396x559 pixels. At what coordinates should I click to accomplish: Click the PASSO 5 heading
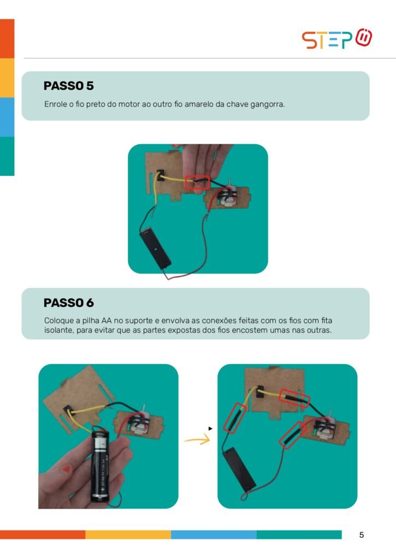pyautogui.click(x=68, y=86)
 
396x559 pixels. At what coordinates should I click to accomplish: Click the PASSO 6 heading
pyautogui.click(x=68, y=302)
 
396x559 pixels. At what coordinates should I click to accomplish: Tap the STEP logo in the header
pyautogui.click(x=337, y=39)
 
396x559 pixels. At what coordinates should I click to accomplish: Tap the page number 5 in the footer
pyautogui.click(x=362, y=535)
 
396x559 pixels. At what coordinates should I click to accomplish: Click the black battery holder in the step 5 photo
pyautogui.click(x=155, y=248)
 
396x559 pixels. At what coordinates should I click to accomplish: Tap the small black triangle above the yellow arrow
pyautogui.click(x=210, y=429)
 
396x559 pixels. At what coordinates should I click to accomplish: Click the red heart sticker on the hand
pyautogui.click(x=66, y=469)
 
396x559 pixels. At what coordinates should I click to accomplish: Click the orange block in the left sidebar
pyautogui.click(x=7, y=39)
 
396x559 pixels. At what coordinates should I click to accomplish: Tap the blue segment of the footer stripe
pyautogui.click(x=214, y=534)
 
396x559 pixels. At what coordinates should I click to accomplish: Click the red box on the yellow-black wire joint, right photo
pyautogui.click(x=294, y=398)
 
